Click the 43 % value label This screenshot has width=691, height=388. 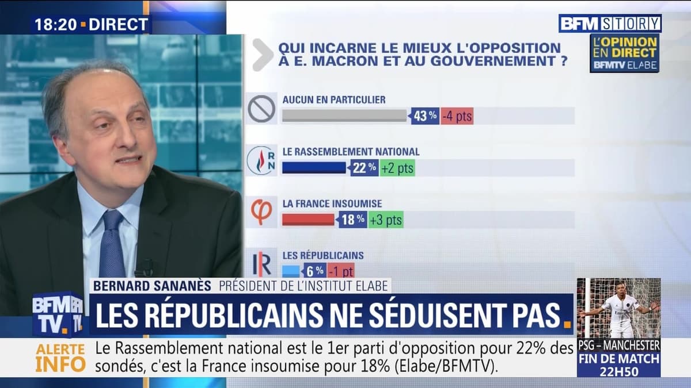pos(425,116)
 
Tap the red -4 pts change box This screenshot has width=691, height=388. pos(457,116)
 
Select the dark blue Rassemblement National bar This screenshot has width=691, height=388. pos(314,167)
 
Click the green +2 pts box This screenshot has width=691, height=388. pos(397,168)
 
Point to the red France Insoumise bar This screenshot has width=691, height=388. pos(308,220)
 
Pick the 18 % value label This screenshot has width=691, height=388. pos(352,220)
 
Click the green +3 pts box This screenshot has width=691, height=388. pos(385,220)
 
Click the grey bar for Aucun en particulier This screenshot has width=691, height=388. pos(344,116)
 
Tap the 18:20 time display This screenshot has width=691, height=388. pos(55,25)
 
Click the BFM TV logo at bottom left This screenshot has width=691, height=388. pos(58,314)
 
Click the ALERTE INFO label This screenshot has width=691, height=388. pos(60,357)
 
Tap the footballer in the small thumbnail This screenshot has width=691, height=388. pos(619,308)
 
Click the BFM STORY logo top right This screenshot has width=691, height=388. pos(610,24)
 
